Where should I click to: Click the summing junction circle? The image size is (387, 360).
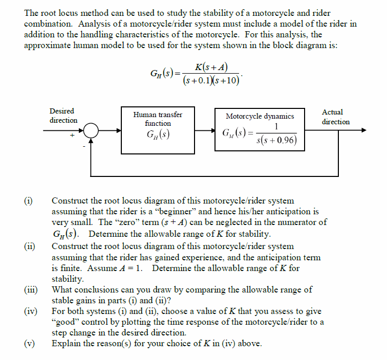(91, 130)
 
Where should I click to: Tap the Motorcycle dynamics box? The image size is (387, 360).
(260, 130)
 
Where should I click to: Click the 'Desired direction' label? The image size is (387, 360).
(63, 116)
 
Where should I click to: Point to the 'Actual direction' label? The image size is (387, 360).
(336, 117)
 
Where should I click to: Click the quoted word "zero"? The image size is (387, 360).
(130, 222)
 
